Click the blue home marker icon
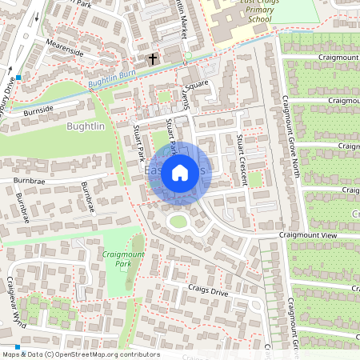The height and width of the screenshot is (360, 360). pos(180,173)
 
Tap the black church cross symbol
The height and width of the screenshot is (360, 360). pos(153,59)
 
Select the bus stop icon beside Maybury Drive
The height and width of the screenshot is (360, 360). pos(18,78)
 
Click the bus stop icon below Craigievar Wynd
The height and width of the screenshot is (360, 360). pos(17,346)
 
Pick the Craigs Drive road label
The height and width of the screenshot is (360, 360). pos(208,289)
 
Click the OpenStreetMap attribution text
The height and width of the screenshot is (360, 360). pos(80,354)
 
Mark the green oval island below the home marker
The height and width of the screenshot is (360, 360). pos(178,222)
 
